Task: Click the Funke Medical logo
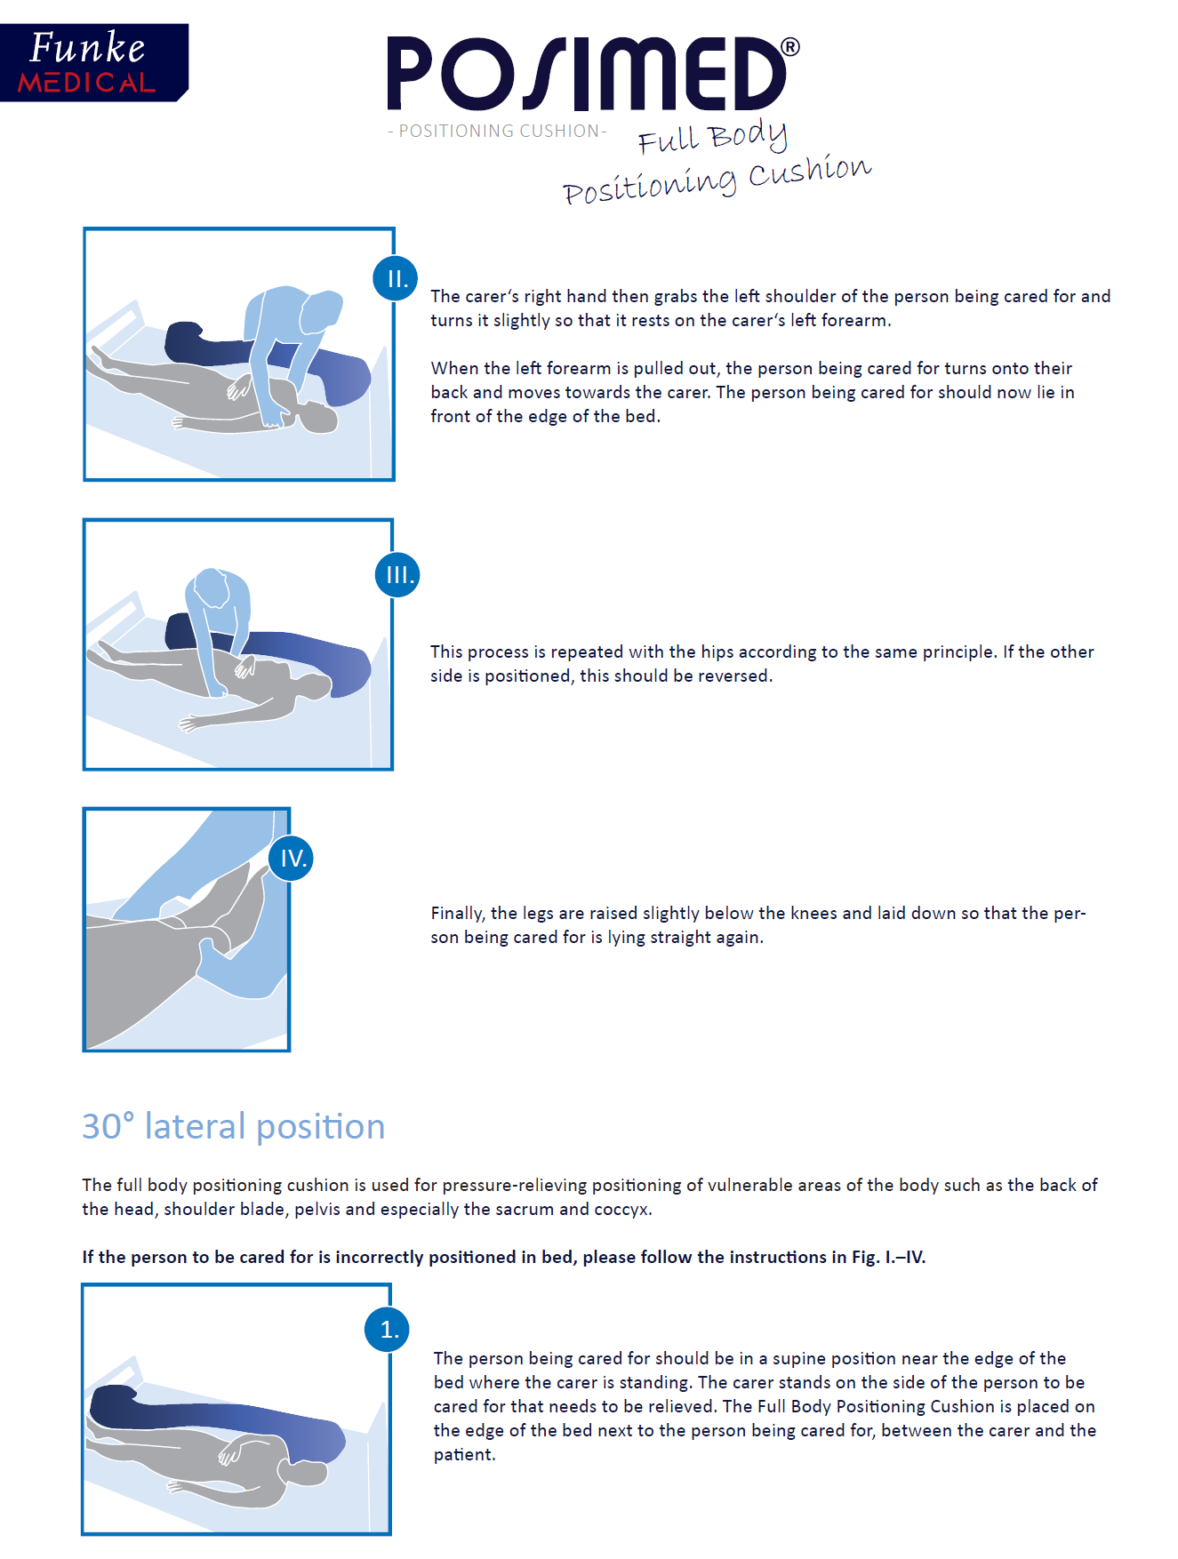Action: [93, 62]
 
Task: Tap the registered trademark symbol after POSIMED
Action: [789, 47]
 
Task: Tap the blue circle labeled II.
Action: [396, 278]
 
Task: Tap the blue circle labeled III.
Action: [397, 574]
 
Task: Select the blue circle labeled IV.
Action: [292, 858]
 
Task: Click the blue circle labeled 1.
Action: [388, 1329]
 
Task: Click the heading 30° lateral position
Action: [234, 1126]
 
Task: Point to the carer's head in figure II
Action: [322, 311]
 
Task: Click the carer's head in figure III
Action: [212, 588]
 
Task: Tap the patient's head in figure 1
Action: [307, 1473]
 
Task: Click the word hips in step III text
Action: [717, 652]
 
